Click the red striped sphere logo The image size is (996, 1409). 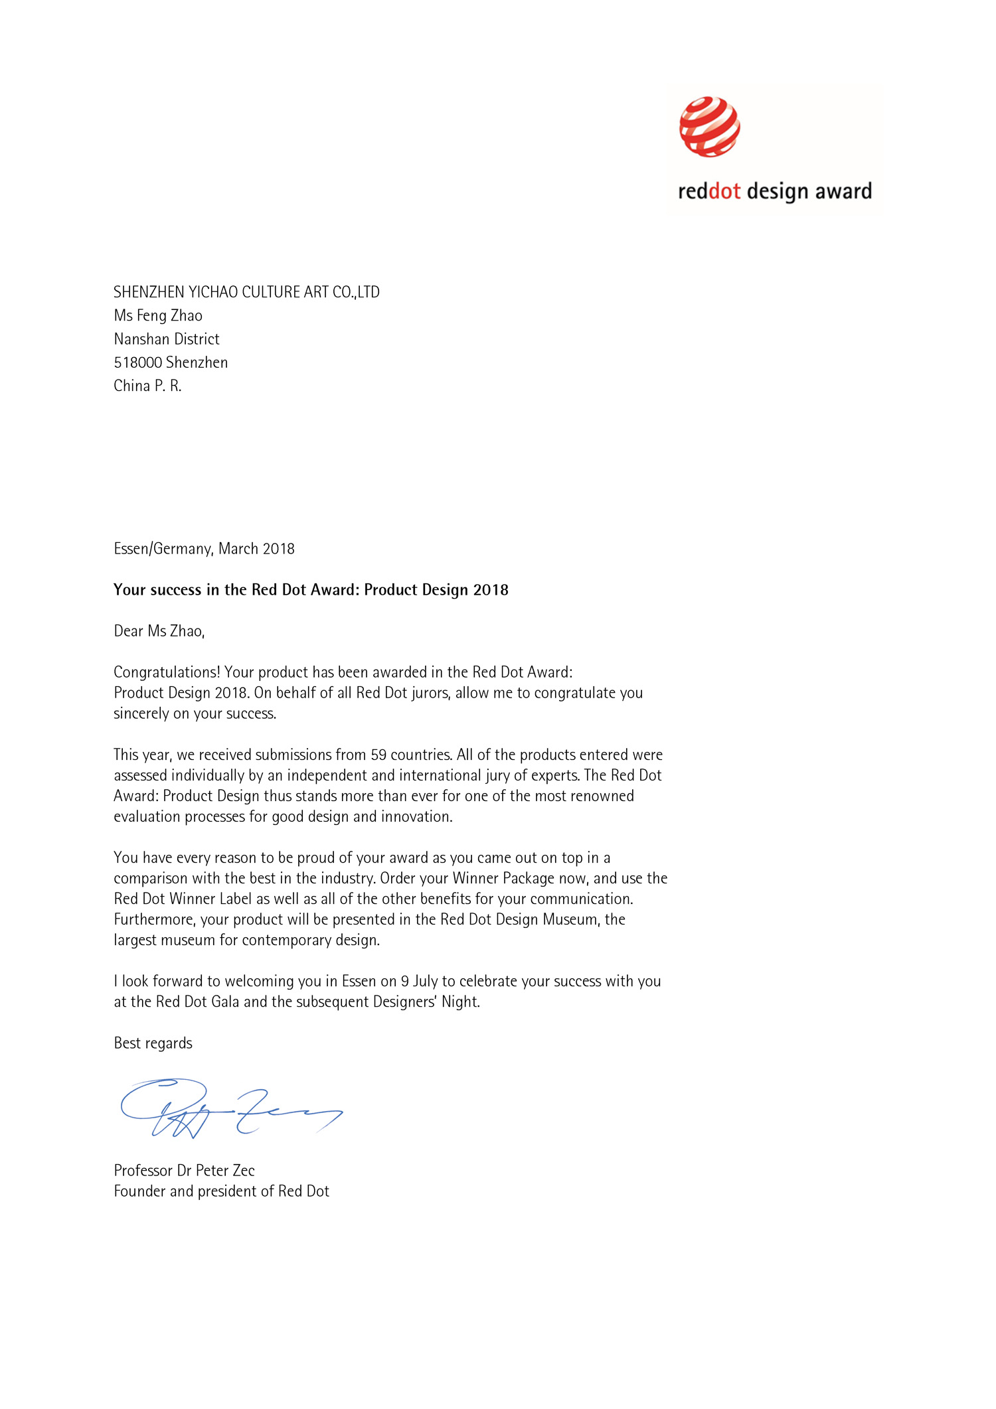709,127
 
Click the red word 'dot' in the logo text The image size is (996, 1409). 724,191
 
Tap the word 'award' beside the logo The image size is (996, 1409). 843,191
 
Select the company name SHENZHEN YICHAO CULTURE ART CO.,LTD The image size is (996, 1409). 246,292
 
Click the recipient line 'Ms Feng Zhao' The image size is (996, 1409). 158,315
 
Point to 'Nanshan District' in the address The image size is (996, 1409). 167,339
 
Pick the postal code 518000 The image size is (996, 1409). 138,362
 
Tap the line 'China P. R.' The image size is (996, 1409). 147,386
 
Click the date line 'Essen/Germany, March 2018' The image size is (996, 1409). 204,549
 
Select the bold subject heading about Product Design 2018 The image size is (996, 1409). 311,590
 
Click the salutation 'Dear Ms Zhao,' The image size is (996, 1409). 159,631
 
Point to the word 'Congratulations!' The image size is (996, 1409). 167,672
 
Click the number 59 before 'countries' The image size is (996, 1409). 378,755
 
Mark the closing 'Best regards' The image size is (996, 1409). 153,1043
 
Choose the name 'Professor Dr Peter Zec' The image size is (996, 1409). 185,1170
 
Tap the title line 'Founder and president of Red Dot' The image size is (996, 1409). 222,1191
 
